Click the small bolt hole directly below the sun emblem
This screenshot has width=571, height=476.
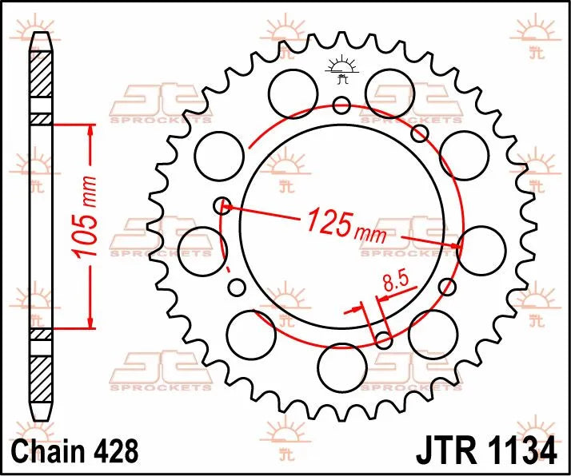pos(342,104)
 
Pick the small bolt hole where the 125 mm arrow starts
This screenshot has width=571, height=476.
pos(223,206)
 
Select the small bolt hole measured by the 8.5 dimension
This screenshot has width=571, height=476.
pos(384,341)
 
